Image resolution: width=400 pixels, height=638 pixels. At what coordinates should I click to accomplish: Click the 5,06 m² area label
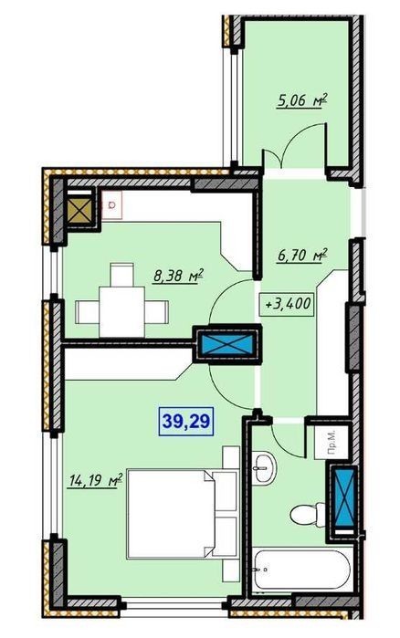(x=302, y=100)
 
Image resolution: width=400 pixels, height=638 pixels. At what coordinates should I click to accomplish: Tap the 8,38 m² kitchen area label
(x=178, y=277)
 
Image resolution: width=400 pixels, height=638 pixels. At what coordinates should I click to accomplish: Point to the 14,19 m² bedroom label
(x=95, y=481)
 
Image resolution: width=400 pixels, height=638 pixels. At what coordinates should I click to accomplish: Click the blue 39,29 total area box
(x=186, y=421)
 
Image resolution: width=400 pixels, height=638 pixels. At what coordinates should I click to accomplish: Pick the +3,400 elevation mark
(x=288, y=304)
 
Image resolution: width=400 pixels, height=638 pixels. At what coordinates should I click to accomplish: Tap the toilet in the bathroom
(x=308, y=514)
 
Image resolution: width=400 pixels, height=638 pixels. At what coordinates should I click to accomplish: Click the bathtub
(x=301, y=570)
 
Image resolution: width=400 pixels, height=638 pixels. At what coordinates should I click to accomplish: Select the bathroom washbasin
(x=264, y=468)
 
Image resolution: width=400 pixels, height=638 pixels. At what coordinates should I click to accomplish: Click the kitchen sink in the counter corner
(x=112, y=204)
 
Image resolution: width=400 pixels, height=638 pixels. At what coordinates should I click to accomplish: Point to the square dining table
(x=122, y=311)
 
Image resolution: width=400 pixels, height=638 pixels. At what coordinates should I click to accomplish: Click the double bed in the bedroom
(x=181, y=514)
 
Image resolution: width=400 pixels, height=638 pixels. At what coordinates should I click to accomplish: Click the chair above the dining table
(x=122, y=275)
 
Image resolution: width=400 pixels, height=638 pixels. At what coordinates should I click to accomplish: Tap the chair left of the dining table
(x=88, y=312)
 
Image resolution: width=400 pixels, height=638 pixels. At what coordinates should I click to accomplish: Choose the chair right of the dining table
(x=157, y=312)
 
